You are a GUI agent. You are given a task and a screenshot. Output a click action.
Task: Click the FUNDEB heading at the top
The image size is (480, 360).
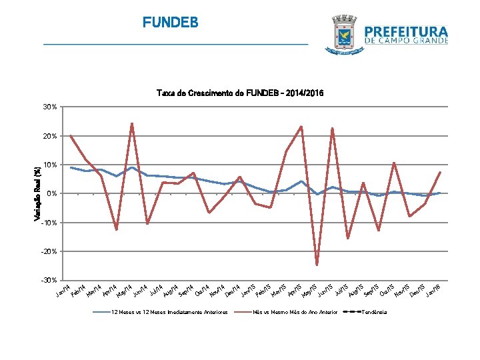[x=170, y=23]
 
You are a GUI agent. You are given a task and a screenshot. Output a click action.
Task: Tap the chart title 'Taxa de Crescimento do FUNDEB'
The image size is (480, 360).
[x=239, y=93]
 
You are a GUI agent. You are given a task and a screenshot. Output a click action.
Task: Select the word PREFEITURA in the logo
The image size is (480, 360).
[x=406, y=31]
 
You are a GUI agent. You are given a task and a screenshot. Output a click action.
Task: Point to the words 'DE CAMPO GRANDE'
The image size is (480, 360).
[x=406, y=41]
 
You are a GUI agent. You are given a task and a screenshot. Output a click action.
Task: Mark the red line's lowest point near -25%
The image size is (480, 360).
[x=317, y=265]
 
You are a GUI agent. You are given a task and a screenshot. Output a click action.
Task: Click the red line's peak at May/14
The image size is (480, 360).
[x=132, y=123]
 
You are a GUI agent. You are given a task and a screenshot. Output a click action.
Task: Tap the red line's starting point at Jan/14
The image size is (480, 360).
[x=71, y=136]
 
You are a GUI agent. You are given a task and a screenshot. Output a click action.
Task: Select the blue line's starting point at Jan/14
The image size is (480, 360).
[x=71, y=167]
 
